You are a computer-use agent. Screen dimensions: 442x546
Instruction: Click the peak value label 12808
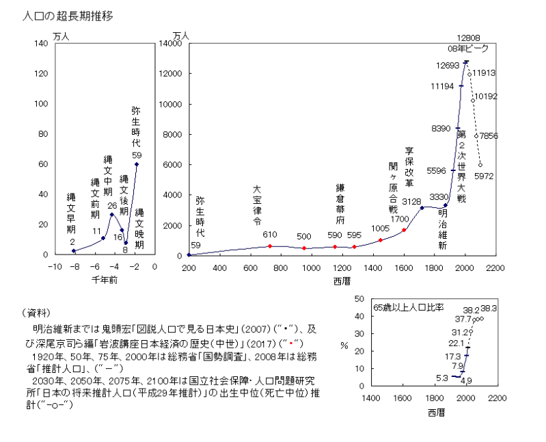tap(470, 38)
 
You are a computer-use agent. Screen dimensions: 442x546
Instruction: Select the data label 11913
tap(484, 71)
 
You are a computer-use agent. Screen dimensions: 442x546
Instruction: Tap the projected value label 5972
tap(484, 176)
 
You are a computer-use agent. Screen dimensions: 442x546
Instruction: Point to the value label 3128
tap(413, 201)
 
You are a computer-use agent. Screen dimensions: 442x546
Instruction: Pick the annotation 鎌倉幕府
tap(340, 204)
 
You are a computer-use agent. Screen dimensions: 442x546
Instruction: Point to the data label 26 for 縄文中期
tap(112, 205)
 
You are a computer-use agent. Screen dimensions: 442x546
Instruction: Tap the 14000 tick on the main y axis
tap(171, 43)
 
